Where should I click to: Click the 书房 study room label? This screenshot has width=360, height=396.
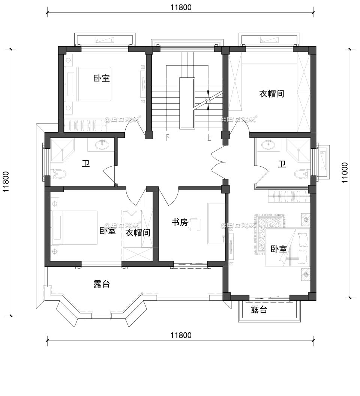(179, 222)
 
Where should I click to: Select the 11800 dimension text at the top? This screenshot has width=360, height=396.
(181, 7)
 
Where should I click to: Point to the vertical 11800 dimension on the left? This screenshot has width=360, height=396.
(6, 182)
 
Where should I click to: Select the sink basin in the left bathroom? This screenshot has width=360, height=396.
(102, 144)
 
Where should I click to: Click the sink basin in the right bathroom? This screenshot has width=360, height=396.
(268, 144)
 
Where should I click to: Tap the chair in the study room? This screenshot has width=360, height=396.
(195, 224)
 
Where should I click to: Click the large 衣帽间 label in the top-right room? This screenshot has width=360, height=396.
(271, 93)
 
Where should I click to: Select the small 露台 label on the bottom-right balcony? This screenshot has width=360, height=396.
(259, 310)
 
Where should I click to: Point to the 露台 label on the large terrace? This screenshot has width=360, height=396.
(102, 284)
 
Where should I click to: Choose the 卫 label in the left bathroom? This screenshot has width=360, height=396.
(86, 164)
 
